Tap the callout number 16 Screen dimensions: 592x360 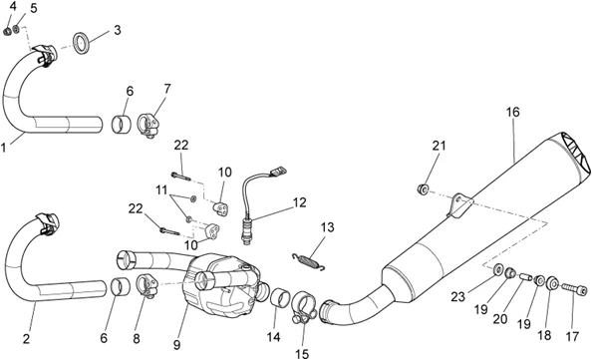(512, 113)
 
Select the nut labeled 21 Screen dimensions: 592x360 (423, 188)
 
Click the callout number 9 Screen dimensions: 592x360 (176, 344)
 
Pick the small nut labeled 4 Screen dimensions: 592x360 (7, 32)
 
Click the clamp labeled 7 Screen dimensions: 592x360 (148, 126)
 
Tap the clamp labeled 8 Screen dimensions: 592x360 (148, 286)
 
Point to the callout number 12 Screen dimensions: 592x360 (299, 202)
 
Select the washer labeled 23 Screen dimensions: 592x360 (497, 269)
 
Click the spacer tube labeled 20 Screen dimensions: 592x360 (526, 277)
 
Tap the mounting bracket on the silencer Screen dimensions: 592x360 (459, 205)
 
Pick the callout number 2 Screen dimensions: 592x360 (26, 339)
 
